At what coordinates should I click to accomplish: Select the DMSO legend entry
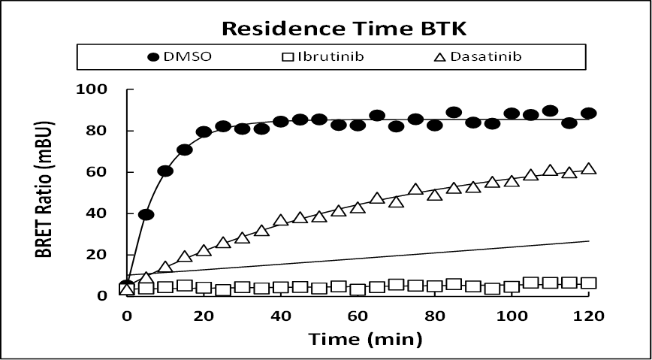(179, 56)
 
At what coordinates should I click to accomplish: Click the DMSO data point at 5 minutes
(146, 215)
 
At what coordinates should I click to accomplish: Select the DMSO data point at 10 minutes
(165, 171)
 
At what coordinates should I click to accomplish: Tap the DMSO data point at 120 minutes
(589, 113)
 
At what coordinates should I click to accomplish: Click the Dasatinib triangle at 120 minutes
(589, 168)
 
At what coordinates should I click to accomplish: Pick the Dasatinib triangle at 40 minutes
(281, 220)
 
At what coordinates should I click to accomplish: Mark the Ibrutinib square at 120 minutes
(589, 283)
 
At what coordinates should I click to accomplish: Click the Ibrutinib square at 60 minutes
(358, 289)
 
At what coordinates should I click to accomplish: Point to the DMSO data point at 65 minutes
(377, 116)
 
